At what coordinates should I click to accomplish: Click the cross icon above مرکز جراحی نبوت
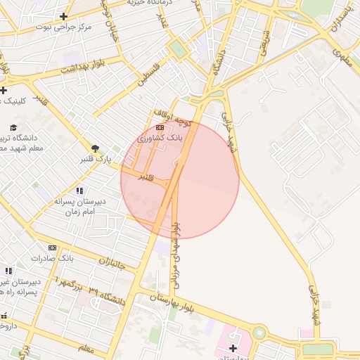pyautogui.click(x=64, y=16)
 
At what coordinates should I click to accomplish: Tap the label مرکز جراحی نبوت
pyautogui.click(x=67, y=27)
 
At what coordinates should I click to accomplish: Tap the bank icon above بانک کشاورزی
pyautogui.click(x=160, y=127)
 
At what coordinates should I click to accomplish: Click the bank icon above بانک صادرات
pyautogui.click(x=53, y=247)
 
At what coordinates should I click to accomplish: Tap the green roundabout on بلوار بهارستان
pyautogui.click(x=259, y=333)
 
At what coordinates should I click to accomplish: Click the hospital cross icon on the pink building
pyautogui.click(x=233, y=348)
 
